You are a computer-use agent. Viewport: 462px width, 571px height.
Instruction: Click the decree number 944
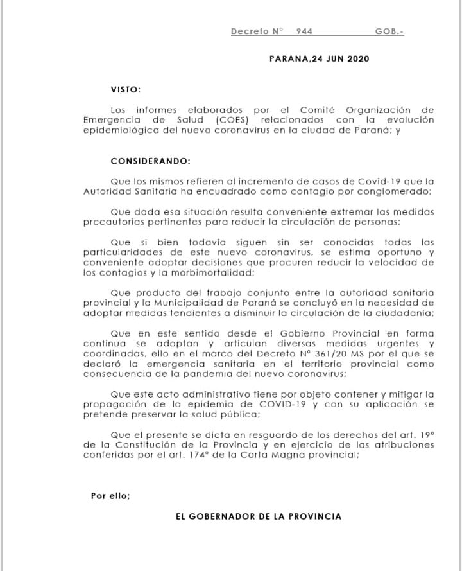click(304, 31)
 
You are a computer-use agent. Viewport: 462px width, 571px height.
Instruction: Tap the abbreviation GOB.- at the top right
click(389, 31)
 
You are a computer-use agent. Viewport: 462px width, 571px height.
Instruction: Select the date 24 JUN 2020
click(340, 58)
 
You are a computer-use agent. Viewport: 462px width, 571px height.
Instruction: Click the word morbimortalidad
click(202, 273)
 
